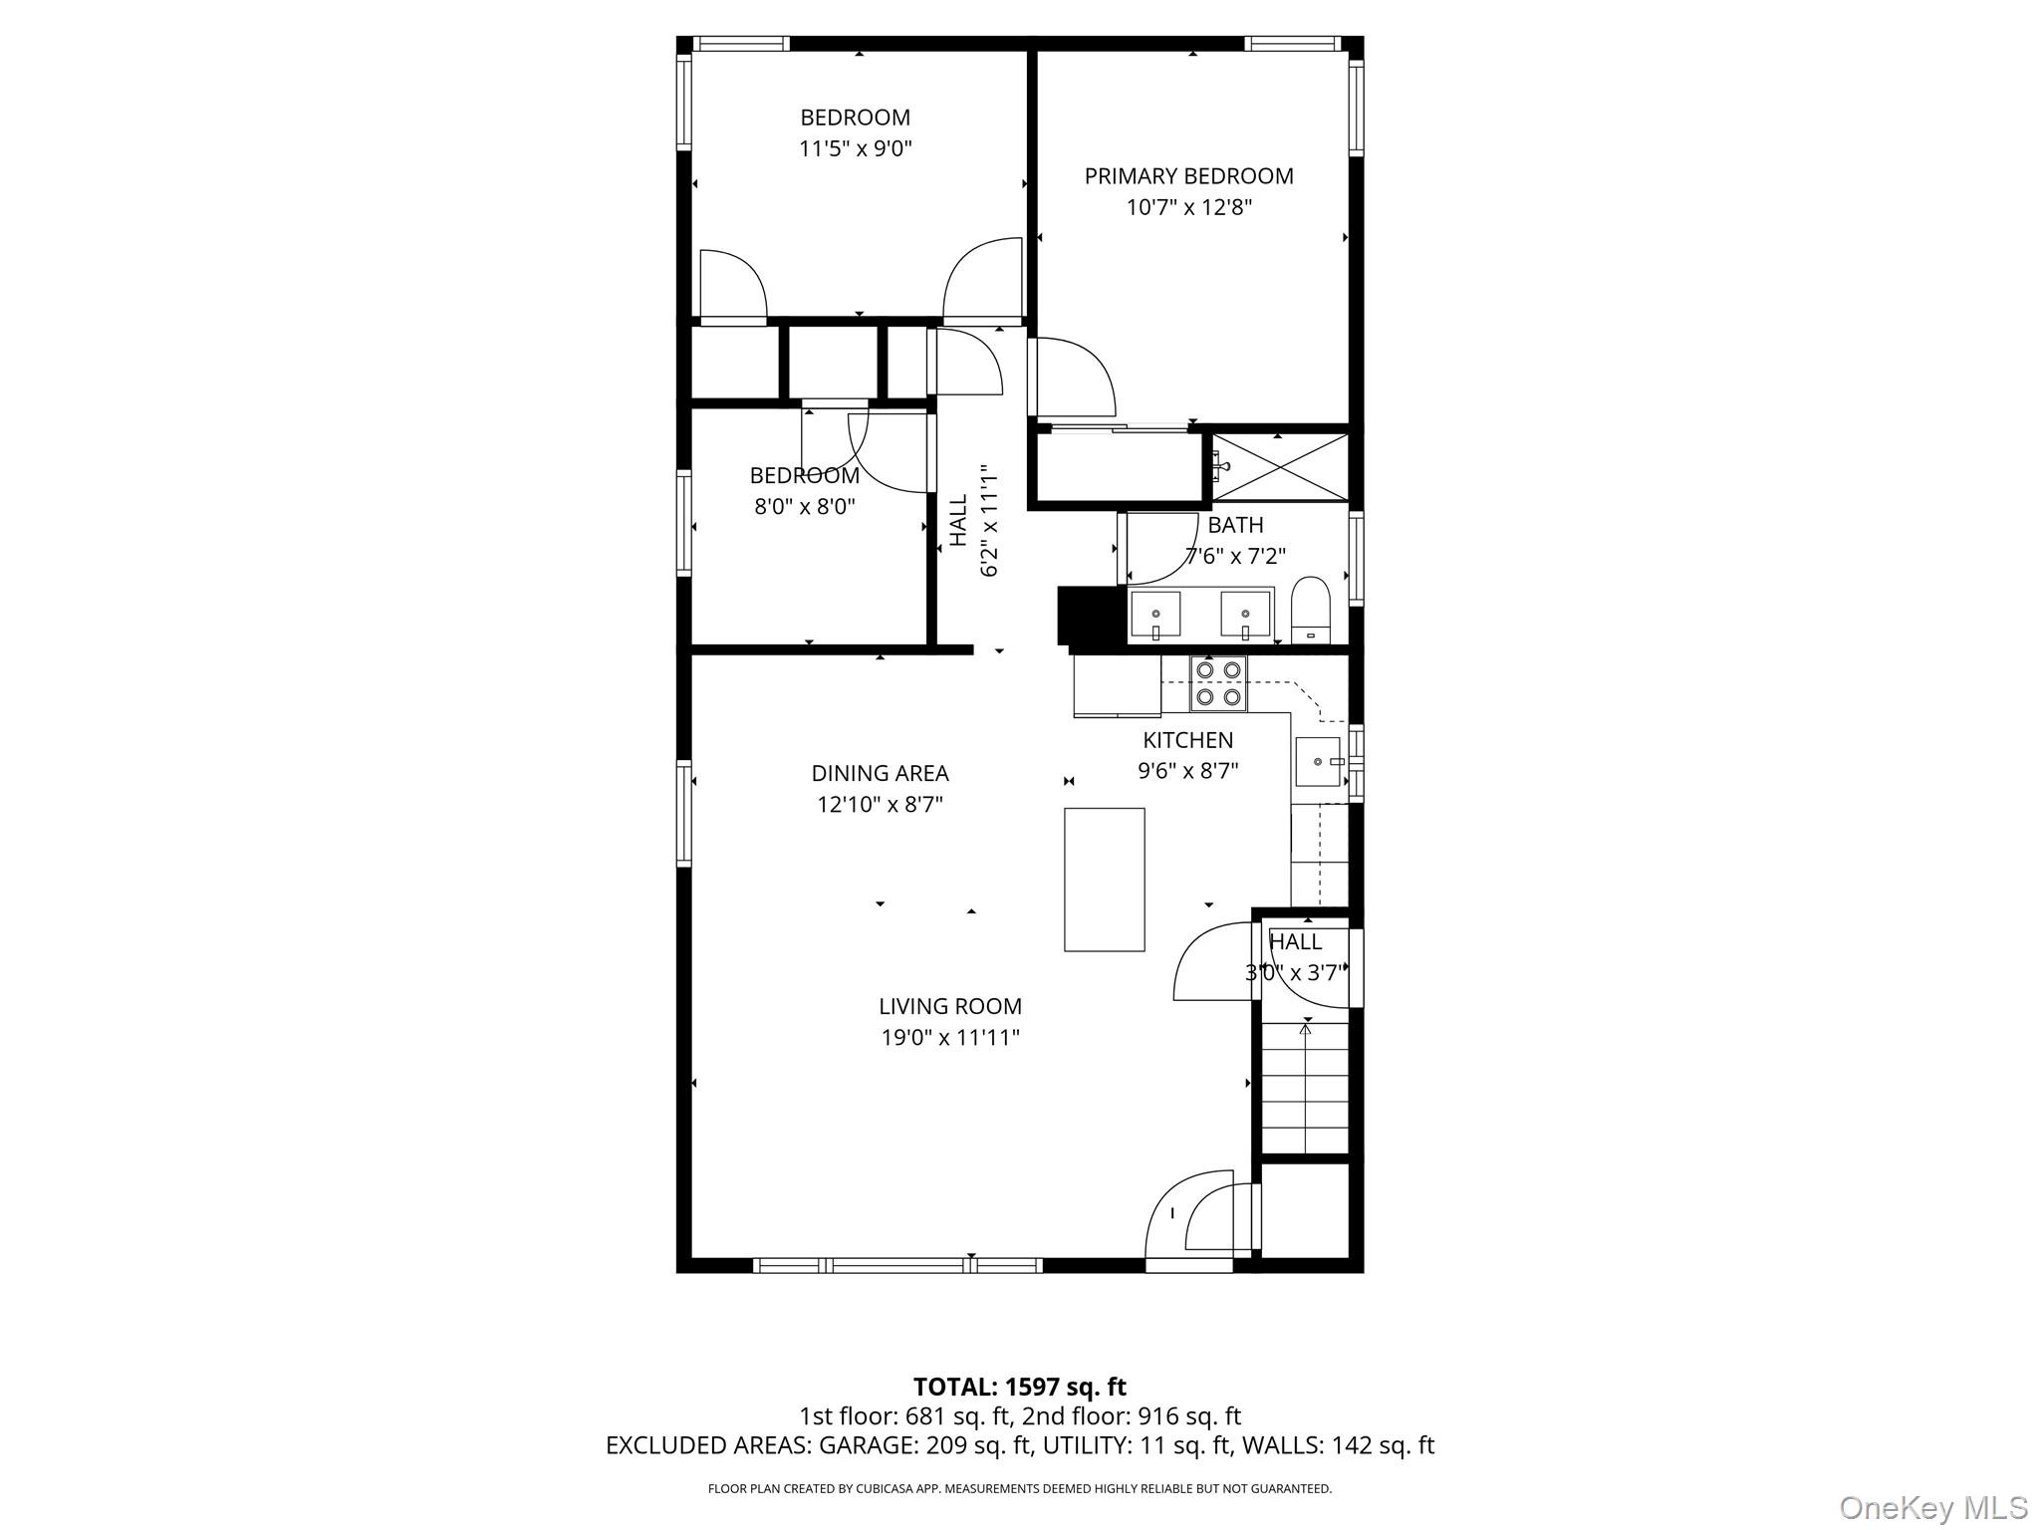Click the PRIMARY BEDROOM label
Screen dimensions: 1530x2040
pyautogui.click(x=1188, y=176)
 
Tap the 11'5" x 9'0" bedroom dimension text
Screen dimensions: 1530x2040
pyautogui.click(x=856, y=149)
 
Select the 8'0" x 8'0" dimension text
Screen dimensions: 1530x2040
pyautogui.click(x=805, y=506)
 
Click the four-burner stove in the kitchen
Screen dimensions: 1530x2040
pyautogui.click(x=1218, y=683)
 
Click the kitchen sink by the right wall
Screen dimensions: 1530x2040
pyautogui.click(x=1319, y=762)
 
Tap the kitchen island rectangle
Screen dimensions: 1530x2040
pyautogui.click(x=1104, y=880)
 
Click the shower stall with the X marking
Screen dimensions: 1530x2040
pyautogui.click(x=1280, y=467)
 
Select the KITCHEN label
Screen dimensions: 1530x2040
pyautogui.click(x=1187, y=740)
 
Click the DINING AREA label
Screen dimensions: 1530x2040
pyautogui.click(x=880, y=773)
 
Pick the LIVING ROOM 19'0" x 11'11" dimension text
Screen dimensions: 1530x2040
pyautogui.click(x=950, y=1038)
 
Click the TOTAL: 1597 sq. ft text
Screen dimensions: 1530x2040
pyautogui.click(x=1019, y=1387)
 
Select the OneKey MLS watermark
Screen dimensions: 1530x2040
pyautogui.click(x=1932, y=1507)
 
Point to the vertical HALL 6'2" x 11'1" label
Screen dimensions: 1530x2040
pyautogui.click(x=974, y=520)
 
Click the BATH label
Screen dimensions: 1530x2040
pyautogui.click(x=1235, y=525)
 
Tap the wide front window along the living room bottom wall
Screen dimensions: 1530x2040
pyautogui.click(x=897, y=1265)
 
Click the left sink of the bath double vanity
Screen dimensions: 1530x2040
pyautogui.click(x=1155, y=614)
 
